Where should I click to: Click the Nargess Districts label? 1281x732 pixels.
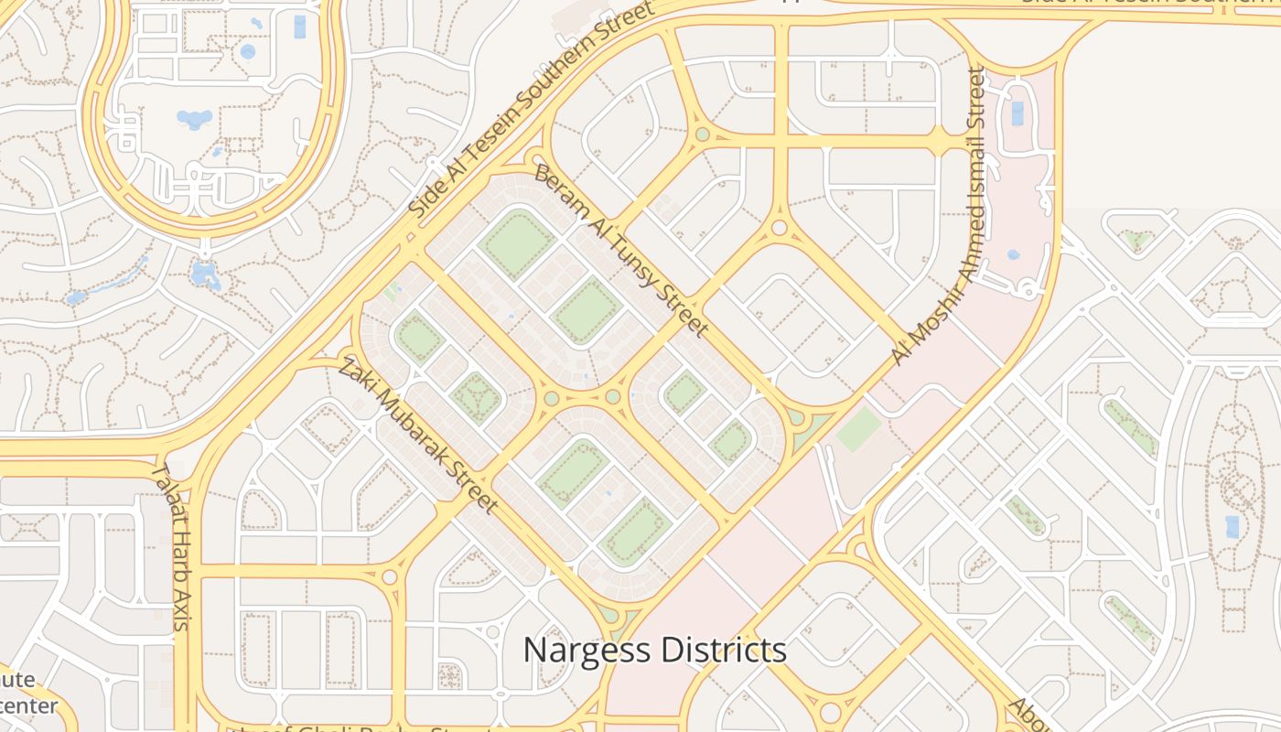pos(654,650)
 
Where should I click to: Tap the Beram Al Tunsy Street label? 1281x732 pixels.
pos(621,250)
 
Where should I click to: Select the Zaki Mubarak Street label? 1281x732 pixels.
pos(419,436)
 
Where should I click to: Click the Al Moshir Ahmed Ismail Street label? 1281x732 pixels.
pos(939,216)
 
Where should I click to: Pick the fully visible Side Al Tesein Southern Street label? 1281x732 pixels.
pos(531,110)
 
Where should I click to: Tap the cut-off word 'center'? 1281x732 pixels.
pos(27,706)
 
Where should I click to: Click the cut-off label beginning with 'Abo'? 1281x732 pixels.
pos(1027,714)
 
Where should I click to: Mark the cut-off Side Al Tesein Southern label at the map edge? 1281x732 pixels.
pos(1149,3)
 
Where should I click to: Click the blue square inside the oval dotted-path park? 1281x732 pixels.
pos(1232,526)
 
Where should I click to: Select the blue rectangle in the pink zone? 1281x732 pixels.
pos(1017,113)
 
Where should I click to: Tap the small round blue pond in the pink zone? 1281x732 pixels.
pos(1012,255)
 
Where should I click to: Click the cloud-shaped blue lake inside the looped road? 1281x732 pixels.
pos(194,119)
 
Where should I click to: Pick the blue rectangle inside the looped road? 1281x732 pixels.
pos(300,27)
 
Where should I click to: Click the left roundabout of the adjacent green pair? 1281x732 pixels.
pos(551,398)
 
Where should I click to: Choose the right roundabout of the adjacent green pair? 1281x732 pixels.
pos(612,397)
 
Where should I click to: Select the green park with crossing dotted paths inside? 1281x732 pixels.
pos(476,398)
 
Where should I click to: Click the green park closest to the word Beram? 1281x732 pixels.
pos(518,243)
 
